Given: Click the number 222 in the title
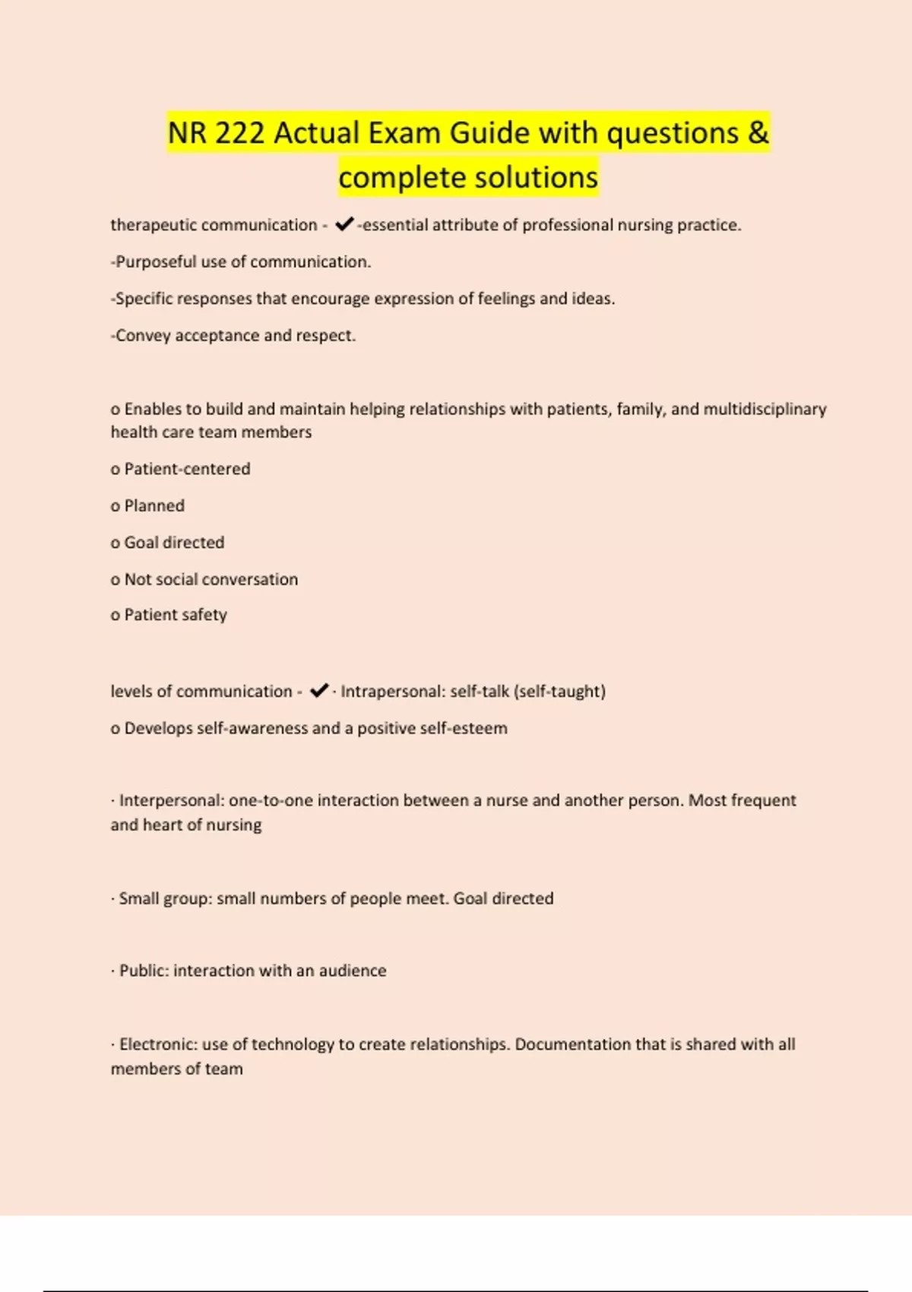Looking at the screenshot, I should pyautogui.click(x=239, y=133).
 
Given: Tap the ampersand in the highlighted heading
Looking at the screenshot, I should pyautogui.click(x=758, y=133).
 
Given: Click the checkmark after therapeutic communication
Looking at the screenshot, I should pyautogui.click(x=344, y=224).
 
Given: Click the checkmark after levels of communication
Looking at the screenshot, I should pyautogui.click(x=319, y=690).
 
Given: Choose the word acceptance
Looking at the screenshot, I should pyautogui.click(x=217, y=335).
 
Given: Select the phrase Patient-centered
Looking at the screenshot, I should pyautogui.click(x=187, y=469).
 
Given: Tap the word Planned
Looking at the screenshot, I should pyautogui.click(x=154, y=505).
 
